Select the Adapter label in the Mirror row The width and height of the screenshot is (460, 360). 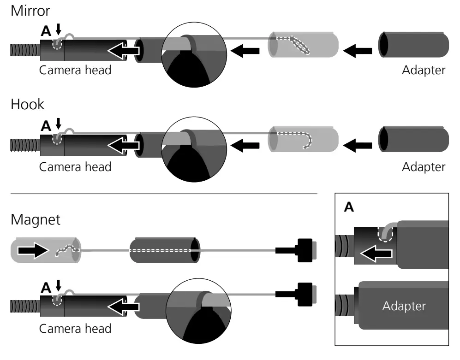coord(424,71)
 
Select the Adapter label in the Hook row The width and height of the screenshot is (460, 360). coord(424,166)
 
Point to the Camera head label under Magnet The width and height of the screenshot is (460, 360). coord(75,328)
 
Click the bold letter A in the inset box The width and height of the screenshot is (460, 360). coord(349,207)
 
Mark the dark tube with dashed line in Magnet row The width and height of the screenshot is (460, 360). coord(164,251)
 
